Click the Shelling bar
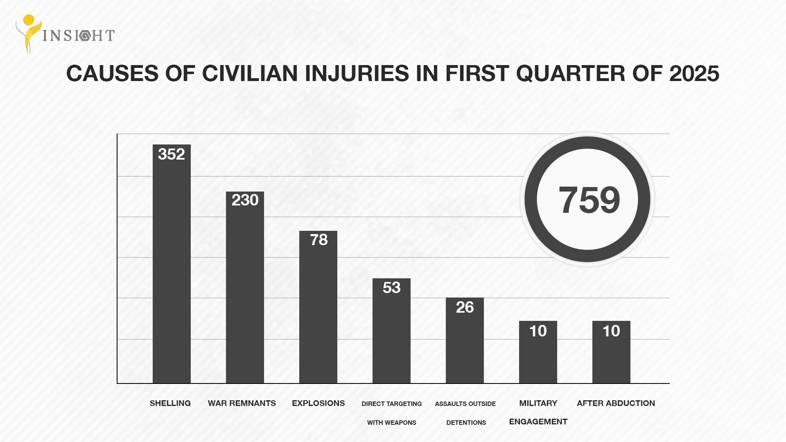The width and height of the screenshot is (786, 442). coord(172,270)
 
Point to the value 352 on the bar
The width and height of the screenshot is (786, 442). coord(172,154)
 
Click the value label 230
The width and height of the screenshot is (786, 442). coord(245,200)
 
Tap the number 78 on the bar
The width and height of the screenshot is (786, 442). coord(318,240)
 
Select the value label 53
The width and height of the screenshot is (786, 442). coord(391,288)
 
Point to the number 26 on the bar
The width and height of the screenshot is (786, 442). coord(465,307)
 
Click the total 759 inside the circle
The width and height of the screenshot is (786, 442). coord(589,200)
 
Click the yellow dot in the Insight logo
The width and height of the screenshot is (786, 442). coord(29,20)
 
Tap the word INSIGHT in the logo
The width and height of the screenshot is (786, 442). coord(79,36)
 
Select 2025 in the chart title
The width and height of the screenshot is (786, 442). coord(694,74)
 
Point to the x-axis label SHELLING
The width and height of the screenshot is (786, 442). coord(170,403)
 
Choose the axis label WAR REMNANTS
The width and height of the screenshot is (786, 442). coord(242,403)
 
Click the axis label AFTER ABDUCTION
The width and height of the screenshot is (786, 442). coord(616,403)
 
